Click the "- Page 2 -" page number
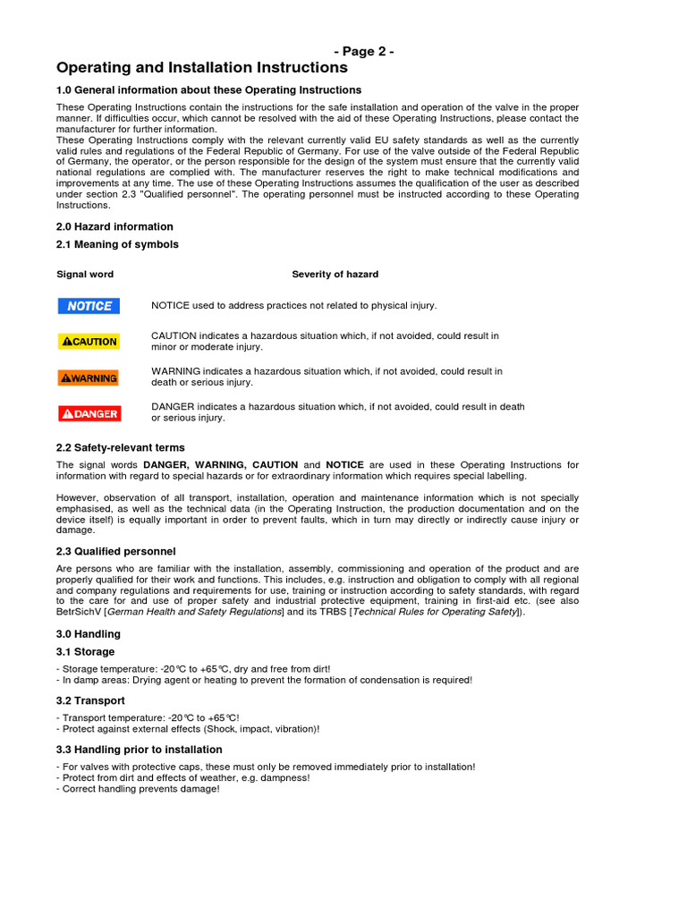(x=364, y=52)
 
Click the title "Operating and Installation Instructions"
(x=202, y=68)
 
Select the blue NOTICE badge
(x=89, y=306)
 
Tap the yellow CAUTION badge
(x=89, y=341)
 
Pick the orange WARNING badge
(x=89, y=377)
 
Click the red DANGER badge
(x=89, y=413)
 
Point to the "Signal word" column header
(x=85, y=275)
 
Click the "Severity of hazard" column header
(x=335, y=275)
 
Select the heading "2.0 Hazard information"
(x=114, y=227)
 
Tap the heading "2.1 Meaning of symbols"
(x=117, y=244)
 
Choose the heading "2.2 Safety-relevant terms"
(x=121, y=447)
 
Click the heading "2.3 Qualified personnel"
(x=116, y=551)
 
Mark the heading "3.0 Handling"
(x=89, y=634)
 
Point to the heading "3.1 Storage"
(x=85, y=652)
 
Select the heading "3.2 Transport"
(x=90, y=700)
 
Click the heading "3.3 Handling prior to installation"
(x=140, y=750)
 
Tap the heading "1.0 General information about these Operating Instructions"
(x=209, y=90)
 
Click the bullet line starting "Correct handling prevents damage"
(x=138, y=789)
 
